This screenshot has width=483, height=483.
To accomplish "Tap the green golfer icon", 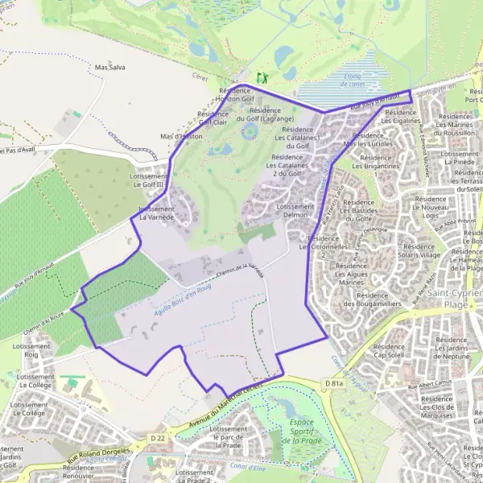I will click(261, 78).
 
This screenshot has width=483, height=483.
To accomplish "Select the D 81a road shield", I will click(332, 385).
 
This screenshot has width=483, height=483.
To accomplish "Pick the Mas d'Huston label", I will click(181, 137).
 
